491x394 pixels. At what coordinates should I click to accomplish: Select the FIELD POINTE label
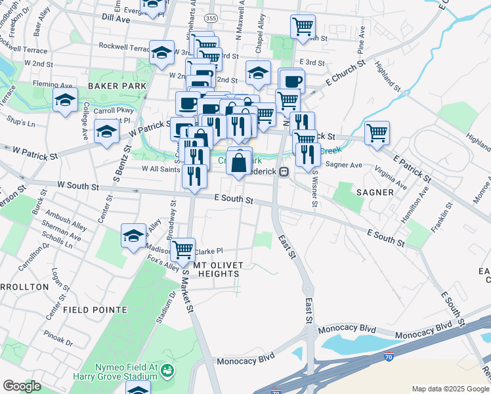pyautogui.click(x=91, y=308)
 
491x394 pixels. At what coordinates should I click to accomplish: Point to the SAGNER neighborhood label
pyautogui.click(x=375, y=192)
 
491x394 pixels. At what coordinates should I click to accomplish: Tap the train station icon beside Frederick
pyautogui.click(x=284, y=172)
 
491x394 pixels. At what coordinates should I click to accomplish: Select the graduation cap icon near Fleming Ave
pyautogui.click(x=66, y=100)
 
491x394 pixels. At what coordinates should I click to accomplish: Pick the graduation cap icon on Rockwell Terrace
pyautogui.click(x=161, y=53)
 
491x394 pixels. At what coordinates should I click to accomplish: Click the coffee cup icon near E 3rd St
pyautogui.click(x=293, y=81)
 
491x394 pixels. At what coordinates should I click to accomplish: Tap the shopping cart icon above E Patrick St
pyautogui.click(x=377, y=133)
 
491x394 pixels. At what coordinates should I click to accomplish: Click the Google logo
pyautogui.click(x=22, y=386)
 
